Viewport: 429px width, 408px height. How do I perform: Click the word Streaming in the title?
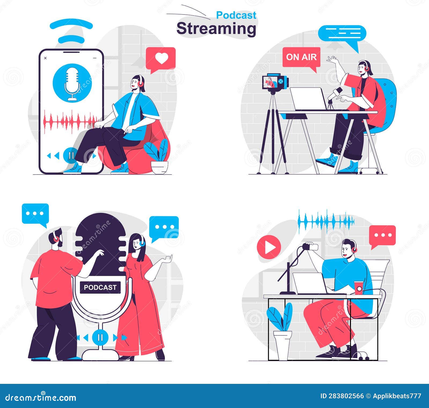(x=216, y=28)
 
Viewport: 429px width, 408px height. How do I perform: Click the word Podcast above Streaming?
(x=236, y=15)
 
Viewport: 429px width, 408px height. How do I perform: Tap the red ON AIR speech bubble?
(x=301, y=57)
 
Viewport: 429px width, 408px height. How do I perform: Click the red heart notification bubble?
(x=161, y=58)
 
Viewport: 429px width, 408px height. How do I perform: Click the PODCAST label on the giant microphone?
(x=100, y=287)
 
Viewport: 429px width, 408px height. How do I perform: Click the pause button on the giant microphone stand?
(x=100, y=337)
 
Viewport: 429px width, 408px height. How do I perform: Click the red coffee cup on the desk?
(x=358, y=287)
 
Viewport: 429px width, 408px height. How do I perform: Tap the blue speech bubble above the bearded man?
(x=35, y=214)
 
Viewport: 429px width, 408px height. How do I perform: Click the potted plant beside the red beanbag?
(x=158, y=158)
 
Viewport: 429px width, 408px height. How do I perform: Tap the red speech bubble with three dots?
(x=382, y=235)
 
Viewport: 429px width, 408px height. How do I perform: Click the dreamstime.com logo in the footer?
(x=41, y=397)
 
